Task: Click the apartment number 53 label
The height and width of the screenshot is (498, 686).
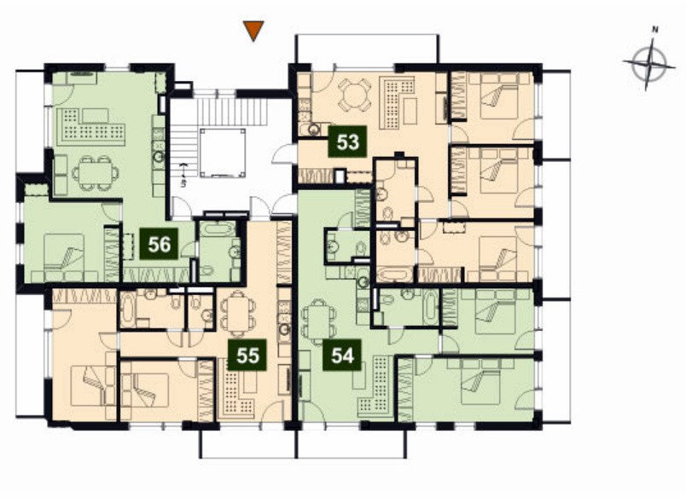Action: [x=348, y=142]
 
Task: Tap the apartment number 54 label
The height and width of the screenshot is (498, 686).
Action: [x=342, y=355]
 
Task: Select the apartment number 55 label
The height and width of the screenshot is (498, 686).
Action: [x=247, y=355]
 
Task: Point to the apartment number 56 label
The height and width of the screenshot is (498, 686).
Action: [x=160, y=244]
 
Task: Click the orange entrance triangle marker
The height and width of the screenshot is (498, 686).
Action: [x=253, y=31]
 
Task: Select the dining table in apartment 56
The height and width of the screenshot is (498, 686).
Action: [x=96, y=173]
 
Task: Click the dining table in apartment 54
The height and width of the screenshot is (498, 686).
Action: [x=320, y=321]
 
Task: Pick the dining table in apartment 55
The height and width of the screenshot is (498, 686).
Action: [x=237, y=314]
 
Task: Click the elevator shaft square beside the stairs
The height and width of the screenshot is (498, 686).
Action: [x=222, y=153]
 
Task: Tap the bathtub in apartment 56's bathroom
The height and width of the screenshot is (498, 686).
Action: [x=218, y=230]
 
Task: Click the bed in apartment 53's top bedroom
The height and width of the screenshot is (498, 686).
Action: [x=498, y=96]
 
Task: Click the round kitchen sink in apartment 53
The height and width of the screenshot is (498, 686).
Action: [x=314, y=130]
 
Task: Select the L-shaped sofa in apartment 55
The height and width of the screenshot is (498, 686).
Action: [x=239, y=392]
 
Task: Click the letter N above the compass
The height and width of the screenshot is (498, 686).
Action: [x=655, y=30]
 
